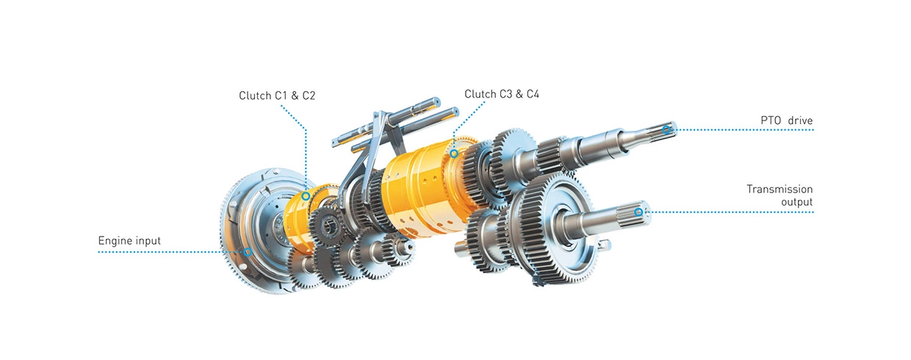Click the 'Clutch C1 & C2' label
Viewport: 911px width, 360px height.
(x=277, y=96)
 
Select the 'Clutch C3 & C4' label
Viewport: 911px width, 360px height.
(x=502, y=94)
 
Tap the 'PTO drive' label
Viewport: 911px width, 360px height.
(x=787, y=120)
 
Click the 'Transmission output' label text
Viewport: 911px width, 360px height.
(x=779, y=195)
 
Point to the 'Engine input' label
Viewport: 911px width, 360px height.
(x=129, y=241)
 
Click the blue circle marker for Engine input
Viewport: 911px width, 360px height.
(x=248, y=252)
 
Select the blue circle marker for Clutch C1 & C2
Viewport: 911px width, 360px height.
(x=306, y=196)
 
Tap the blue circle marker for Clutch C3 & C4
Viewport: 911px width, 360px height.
(x=454, y=154)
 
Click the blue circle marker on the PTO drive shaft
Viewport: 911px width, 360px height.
(x=666, y=130)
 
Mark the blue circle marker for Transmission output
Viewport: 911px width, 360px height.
(x=638, y=212)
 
